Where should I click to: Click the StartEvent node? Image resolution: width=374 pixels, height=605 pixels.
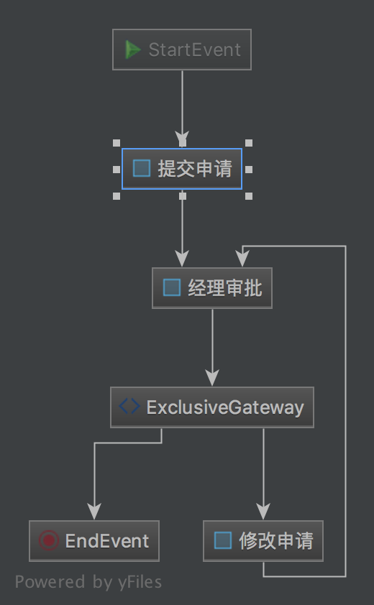point(182,50)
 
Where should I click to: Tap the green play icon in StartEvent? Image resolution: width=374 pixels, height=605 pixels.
point(133,50)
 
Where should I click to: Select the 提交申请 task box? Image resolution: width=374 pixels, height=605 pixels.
point(182,169)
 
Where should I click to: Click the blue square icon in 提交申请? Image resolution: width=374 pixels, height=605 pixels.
point(142,169)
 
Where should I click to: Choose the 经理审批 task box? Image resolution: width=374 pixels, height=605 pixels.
point(212,288)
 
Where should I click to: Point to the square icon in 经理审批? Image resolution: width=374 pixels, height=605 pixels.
point(172,288)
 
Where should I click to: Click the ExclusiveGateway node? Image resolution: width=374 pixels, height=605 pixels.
point(212,407)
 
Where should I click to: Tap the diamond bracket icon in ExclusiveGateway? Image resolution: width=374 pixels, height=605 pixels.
point(129,407)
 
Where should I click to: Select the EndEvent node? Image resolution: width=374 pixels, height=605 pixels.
point(94,540)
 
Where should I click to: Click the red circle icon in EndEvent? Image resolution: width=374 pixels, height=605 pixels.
point(49,540)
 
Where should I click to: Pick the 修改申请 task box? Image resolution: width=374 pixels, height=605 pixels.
point(263,540)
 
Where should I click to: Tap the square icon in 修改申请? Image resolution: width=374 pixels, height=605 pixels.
point(223,540)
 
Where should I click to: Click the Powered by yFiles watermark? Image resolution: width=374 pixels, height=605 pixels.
point(88,582)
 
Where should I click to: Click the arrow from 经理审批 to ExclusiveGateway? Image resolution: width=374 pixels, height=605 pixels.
point(212,348)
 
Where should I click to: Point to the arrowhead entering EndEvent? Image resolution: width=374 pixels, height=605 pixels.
point(94,512)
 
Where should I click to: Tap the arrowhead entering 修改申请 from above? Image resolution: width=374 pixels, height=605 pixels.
point(263,512)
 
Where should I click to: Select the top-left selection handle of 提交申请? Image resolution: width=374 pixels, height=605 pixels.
point(117,143)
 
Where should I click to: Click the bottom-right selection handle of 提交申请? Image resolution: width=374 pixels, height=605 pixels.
point(249,196)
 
